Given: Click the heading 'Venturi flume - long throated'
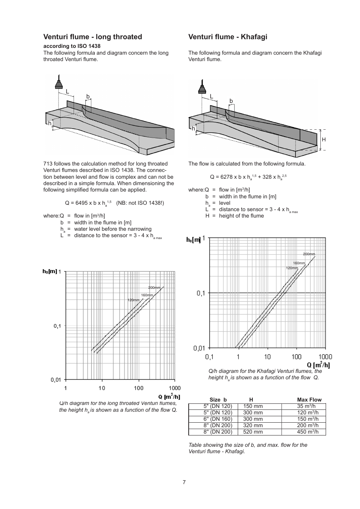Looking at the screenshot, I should [x=92, y=37].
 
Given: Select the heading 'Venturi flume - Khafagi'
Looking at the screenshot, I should [x=228, y=37].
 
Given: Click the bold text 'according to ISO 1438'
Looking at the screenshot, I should [x=72, y=46].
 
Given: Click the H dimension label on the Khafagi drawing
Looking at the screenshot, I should [x=323, y=140].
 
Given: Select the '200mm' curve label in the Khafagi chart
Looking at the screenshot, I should [x=309, y=254].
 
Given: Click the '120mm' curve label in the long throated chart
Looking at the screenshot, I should [x=133, y=300].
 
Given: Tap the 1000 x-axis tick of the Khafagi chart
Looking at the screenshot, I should [x=325, y=357].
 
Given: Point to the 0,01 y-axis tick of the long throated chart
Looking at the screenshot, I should [x=56, y=380].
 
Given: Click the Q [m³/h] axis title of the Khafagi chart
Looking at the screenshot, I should [x=318, y=365].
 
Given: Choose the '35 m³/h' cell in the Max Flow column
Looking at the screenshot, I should [x=306, y=406].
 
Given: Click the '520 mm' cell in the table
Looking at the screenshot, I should [x=253, y=432].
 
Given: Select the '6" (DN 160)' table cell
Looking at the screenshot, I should [x=218, y=419].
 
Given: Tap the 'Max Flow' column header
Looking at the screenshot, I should [x=309, y=400].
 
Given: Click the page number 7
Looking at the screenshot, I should [x=184, y=482].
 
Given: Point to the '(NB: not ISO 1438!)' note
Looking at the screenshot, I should [x=140, y=203].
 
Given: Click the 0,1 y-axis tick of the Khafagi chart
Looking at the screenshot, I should [x=201, y=293].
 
